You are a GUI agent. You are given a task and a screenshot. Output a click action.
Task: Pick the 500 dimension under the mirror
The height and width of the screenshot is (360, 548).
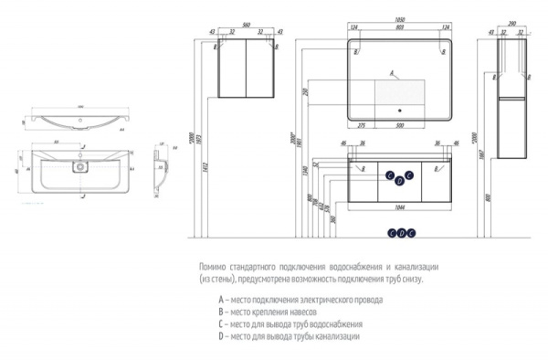coord(403,124)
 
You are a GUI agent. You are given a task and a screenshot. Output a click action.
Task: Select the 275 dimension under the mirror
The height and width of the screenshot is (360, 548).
coord(362,124)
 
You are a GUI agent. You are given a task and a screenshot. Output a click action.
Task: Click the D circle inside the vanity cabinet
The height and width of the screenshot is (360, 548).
coord(400,181)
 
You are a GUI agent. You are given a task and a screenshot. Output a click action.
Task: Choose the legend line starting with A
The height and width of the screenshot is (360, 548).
coord(293,299)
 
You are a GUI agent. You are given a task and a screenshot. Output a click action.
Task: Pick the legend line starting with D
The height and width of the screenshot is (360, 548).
coord(289,336)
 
